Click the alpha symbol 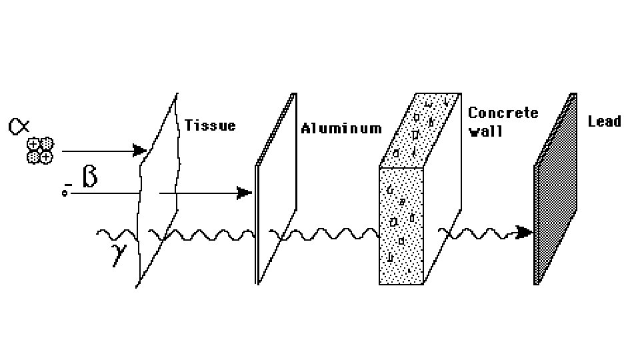pos(19,126)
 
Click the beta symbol pos(90,177)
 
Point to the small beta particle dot pos(65,193)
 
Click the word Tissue pos(210,125)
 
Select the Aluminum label pos(341,128)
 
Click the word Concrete pos(503,113)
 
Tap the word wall pos(485,131)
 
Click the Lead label pos(604,121)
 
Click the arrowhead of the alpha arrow pos(140,151)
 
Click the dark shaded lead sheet pos(555,193)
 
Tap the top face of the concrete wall pos(420,129)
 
